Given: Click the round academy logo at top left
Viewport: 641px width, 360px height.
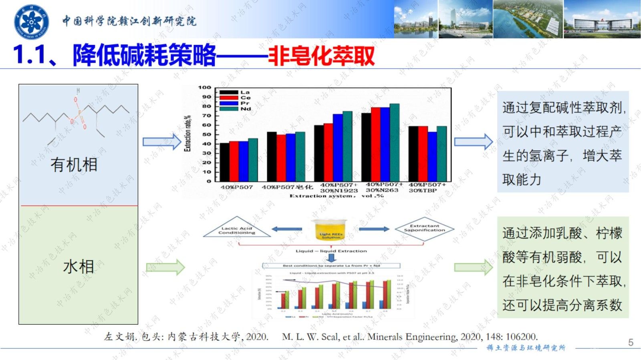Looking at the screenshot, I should [31, 21].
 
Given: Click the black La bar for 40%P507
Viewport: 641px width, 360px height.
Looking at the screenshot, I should [225, 162].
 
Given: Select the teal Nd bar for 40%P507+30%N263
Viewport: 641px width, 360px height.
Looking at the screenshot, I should [395, 142].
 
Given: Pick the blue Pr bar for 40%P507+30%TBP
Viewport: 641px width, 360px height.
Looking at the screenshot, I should [432, 156].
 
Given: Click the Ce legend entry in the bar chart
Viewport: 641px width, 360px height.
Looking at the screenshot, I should [245, 98].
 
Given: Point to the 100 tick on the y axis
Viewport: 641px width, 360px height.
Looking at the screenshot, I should [204, 87].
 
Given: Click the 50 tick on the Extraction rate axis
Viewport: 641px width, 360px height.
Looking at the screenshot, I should [206, 135].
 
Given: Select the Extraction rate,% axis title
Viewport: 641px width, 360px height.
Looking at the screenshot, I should [187, 133].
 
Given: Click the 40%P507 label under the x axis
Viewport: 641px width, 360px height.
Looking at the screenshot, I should [237, 187].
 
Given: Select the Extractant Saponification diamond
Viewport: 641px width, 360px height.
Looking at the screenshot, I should [425, 229].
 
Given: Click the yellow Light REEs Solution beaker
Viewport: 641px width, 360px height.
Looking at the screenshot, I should [331, 229].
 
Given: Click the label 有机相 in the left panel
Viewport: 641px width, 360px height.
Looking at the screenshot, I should [74, 165].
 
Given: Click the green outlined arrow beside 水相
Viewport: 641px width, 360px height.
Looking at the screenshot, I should [165, 267].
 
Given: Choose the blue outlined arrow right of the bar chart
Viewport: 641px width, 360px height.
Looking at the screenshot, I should [473, 142].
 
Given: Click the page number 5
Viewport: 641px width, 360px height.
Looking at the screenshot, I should [631, 342].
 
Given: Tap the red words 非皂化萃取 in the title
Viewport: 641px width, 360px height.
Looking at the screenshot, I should [322, 56].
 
